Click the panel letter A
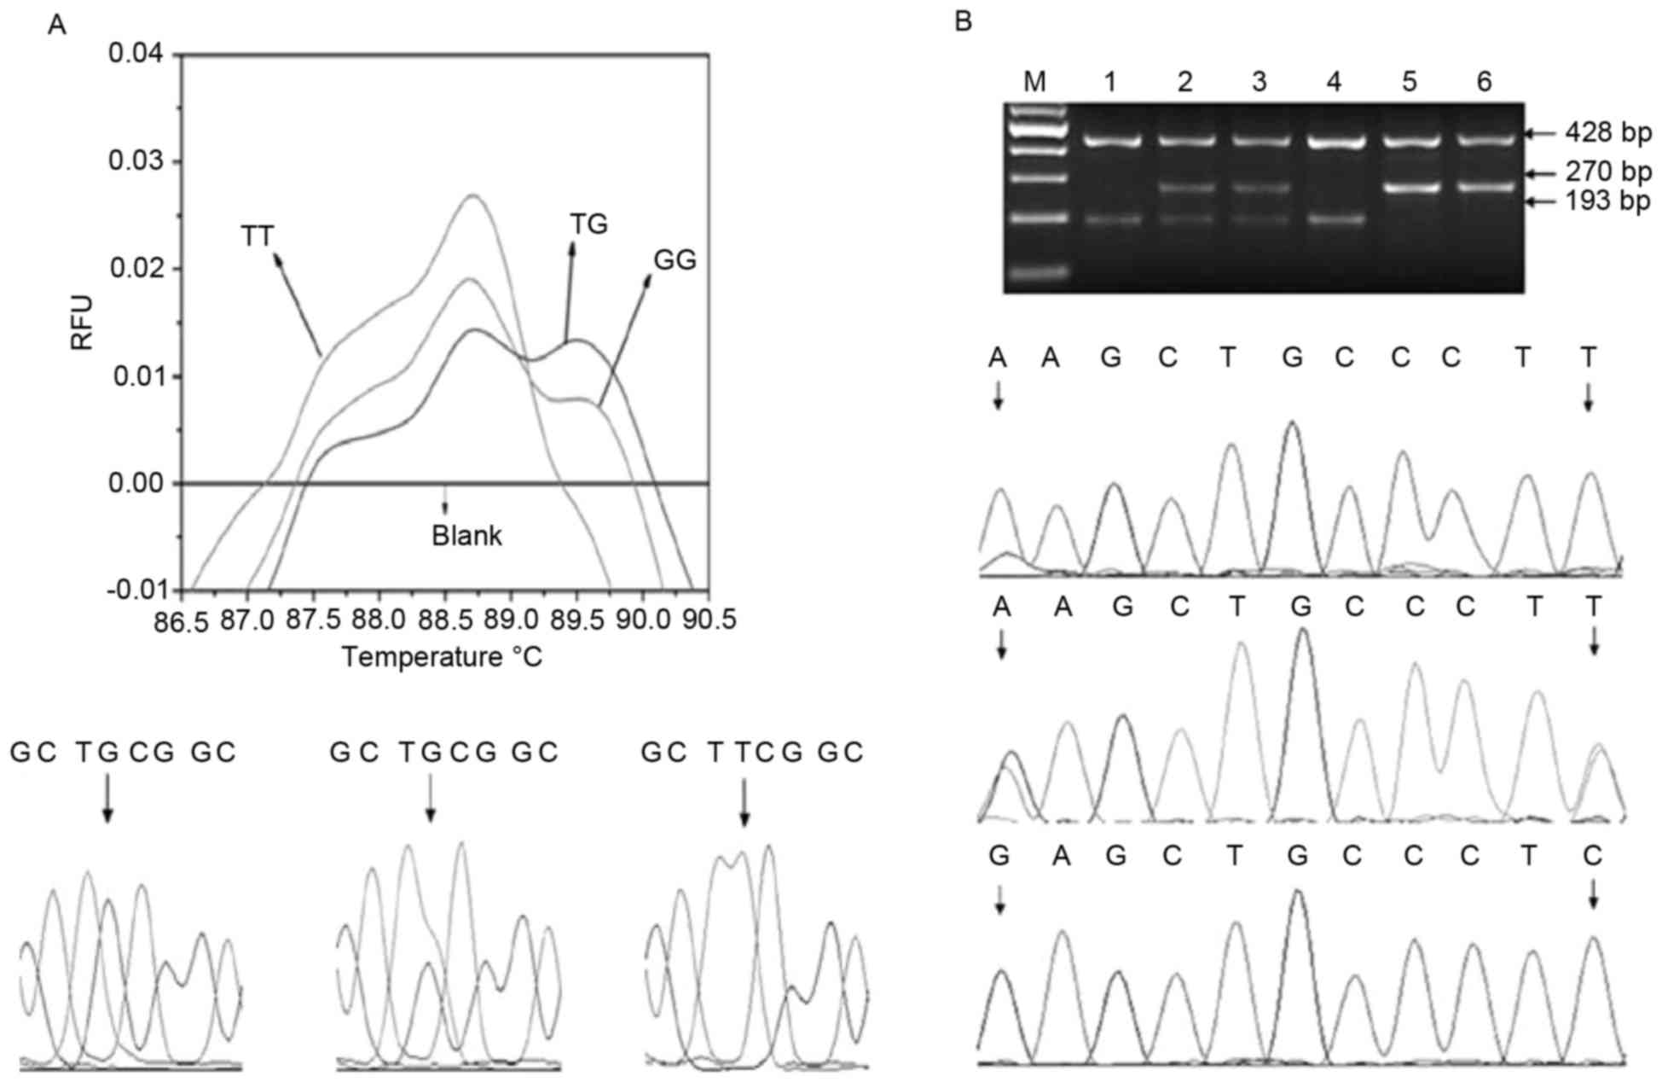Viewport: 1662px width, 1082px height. point(57,25)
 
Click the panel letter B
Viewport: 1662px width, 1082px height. point(963,22)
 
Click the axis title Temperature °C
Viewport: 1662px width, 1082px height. point(442,658)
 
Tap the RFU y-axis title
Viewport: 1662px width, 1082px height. point(82,323)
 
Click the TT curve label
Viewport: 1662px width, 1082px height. point(258,236)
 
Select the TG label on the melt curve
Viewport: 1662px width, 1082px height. point(588,224)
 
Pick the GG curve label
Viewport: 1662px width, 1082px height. point(675,260)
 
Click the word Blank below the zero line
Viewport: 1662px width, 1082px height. point(466,536)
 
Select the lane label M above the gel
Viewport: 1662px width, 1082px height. point(1034,82)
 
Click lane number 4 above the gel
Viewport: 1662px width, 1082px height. point(1335,82)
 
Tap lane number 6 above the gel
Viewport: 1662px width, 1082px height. point(1485,82)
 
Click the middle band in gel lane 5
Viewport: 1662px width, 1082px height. point(1410,188)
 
